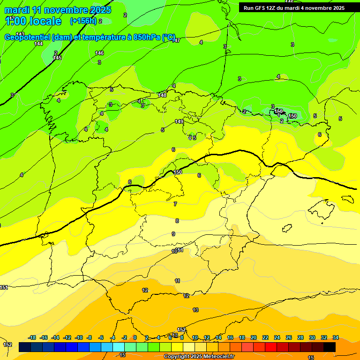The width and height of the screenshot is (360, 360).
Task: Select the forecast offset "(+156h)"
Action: tap(83, 21)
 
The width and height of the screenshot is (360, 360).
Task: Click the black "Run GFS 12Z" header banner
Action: tap(294, 8)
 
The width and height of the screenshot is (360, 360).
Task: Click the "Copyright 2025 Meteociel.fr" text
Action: tap(199, 357)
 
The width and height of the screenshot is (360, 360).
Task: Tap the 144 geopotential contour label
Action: tap(38, 44)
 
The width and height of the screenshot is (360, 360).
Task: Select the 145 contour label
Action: tap(57, 58)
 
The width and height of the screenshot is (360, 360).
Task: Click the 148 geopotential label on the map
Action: tap(162, 95)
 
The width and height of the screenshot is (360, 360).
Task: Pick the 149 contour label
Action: tap(179, 122)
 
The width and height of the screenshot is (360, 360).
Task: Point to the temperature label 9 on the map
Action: tap(173, 234)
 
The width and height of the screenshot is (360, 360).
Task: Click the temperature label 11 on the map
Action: tap(177, 281)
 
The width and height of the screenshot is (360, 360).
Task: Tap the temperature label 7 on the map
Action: tap(175, 204)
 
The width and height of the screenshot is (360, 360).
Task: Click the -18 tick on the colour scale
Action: tap(32, 337)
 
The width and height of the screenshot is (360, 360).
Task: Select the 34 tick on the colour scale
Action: tap(335, 337)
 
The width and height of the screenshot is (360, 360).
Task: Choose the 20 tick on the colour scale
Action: tap(254, 337)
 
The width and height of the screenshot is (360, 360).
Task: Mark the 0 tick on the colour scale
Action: tap(135, 337)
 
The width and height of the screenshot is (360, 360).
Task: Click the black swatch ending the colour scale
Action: tap(330, 347)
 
